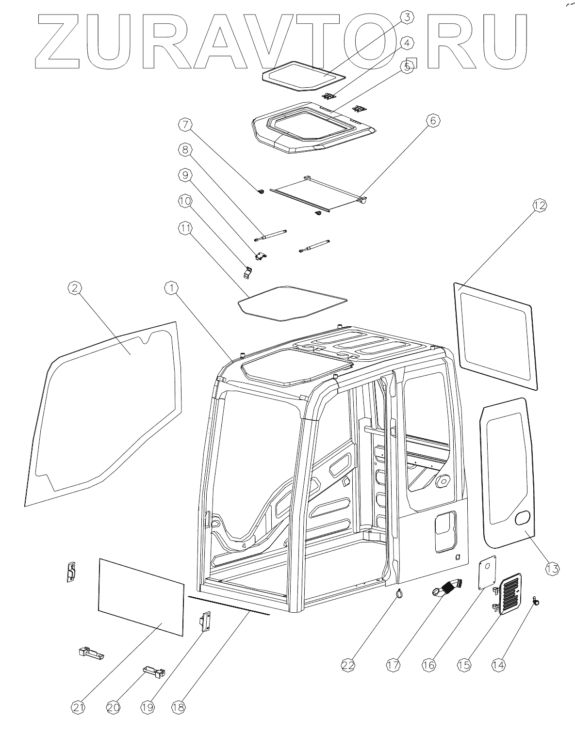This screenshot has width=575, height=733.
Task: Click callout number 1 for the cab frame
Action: (170, 288)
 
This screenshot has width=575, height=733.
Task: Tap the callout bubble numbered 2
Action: (73, 288)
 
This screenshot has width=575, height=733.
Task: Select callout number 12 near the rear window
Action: (539, 205)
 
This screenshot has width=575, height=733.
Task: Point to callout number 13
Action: (552, 568)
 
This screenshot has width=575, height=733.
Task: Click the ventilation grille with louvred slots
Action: (509, 594)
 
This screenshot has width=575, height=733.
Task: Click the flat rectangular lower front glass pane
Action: (141, 596)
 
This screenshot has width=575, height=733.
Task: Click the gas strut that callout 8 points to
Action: (270, 235)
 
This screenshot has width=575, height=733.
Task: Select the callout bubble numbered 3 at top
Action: (407, 17)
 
